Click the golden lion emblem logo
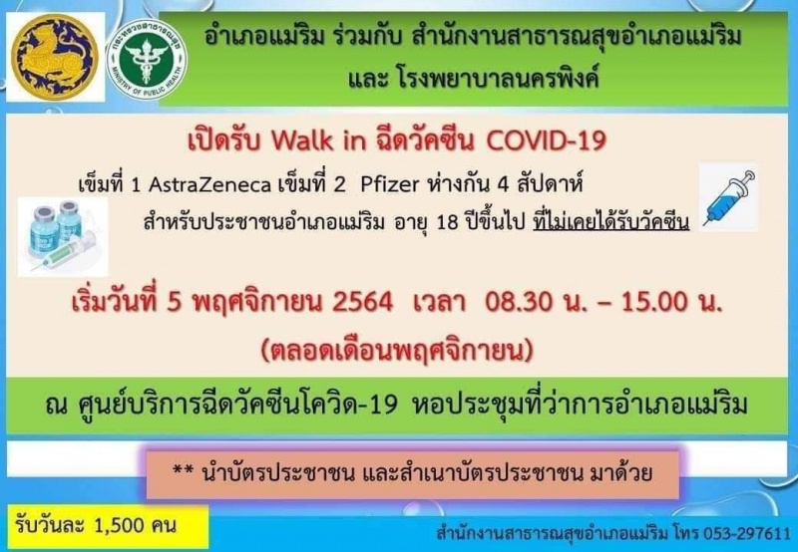tap(55, 56)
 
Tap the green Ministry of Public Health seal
tap(147, 59)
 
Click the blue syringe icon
tap(729, 197)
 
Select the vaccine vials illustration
tap(63, 236)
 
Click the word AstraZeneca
tap(209, 184)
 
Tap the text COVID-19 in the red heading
tap(546, 140)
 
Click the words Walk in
tap(318, 140)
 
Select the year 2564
tap(362, 302)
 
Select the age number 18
tap(448, 222)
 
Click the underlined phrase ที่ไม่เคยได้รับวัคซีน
tap(611, 222)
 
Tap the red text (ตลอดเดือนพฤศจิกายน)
tap(397, 350)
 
